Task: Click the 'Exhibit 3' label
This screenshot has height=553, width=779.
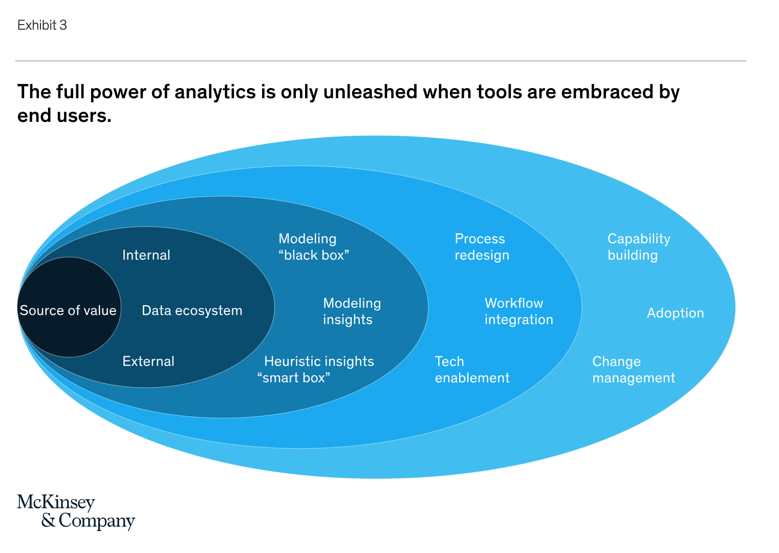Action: point(42,25)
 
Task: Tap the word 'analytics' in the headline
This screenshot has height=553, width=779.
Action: point(215,92)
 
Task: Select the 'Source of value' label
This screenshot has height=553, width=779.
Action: point(68,310)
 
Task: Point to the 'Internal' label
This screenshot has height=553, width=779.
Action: point(146,255)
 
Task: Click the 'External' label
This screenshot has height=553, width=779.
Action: point(148,361)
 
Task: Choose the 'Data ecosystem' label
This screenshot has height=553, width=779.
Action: point(192,310)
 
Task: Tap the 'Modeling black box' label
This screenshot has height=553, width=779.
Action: point(314,247)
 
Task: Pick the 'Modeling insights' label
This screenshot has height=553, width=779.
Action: point(352,311)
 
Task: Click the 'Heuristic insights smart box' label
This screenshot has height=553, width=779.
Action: point(315,370)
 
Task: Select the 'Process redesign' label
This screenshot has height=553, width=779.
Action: point(482,247)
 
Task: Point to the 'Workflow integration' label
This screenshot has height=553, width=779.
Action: point(519,311)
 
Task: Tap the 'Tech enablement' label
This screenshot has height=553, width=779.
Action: point(472,370)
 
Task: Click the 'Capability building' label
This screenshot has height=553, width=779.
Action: point(639,247)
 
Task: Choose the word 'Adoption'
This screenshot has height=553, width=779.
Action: point(676,313)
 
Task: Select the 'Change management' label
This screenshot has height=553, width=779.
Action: point(634,370)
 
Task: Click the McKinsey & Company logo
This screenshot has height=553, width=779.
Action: point(76,512)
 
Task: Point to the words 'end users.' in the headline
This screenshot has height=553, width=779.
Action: point(64,116)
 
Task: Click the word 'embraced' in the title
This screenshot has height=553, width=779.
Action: point(607,92)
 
